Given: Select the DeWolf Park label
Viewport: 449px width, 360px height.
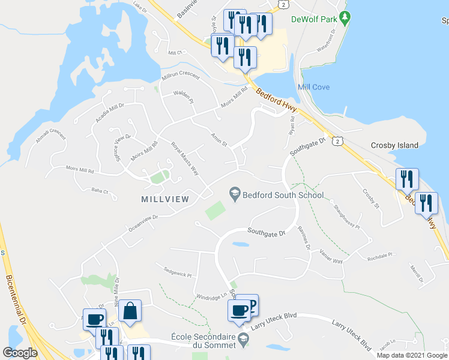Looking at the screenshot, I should pos(313,19).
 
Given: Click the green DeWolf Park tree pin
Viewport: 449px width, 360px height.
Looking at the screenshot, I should pos(344,19).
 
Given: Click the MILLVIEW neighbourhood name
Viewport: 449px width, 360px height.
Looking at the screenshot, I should pos(165,199).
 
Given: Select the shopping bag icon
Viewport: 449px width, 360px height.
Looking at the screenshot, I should pos(130,311).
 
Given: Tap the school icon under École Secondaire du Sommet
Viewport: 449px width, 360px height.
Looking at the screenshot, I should pos(243,341).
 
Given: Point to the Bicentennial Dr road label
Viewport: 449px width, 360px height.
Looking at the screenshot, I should pos(17,305).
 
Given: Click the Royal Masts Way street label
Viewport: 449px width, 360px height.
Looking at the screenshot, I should pos(184,158).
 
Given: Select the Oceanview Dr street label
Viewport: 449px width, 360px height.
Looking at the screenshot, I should pos(142,224).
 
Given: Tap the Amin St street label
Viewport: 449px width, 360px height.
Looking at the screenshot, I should pos(218,140).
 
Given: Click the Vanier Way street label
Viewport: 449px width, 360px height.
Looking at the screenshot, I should pos(331,256).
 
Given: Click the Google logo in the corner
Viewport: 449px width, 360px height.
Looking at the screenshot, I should pos(20,353).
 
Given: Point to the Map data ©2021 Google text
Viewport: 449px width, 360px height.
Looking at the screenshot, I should pos(412,355).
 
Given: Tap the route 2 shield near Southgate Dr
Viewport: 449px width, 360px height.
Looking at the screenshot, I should pos(339,141).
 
